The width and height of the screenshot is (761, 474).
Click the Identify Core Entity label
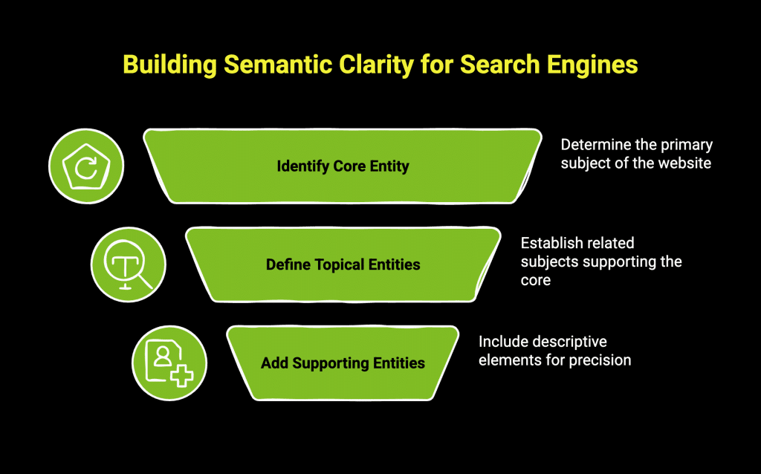pyautogui.click(x=343, y=166)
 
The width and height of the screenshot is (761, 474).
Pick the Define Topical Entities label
pyautogui.click(x=343, y=264)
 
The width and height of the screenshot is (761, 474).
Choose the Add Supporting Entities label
pyautogui.click(x=343, y=363)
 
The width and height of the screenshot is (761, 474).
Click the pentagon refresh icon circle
pyautogui.click(x=86, y=166)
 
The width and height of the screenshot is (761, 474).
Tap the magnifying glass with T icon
pyautogui.click(x=129, y=265)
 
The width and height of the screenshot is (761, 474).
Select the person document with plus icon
pyautogui.click(x=169, y=364)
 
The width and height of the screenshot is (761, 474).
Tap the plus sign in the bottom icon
pyautogui.click(x=181, y=375)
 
